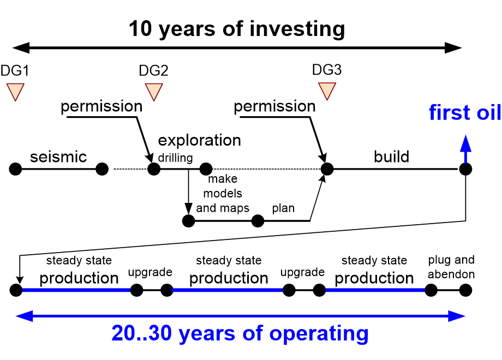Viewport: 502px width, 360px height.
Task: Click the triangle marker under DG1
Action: (x=15, y=91)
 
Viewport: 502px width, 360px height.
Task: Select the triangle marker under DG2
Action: (x=154, y=91)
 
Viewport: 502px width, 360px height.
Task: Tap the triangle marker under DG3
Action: (x=327, y=91)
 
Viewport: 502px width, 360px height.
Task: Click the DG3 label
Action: (x=327, y=70)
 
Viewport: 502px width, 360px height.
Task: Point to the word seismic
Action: (x=58, y=157)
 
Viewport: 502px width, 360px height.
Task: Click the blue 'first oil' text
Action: (x=464, y=113)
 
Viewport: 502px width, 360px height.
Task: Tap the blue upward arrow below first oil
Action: (x=465, y=148)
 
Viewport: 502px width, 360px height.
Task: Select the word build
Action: (x=391, y=157)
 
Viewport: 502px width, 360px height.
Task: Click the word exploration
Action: (x=199, y=140)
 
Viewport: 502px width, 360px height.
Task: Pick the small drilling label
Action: (x=175, y=158)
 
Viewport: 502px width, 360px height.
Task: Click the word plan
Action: (x=283, y=208)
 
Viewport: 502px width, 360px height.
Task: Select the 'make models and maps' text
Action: (x=223, y=193)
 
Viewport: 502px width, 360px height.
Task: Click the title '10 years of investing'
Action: (x=237, y=29)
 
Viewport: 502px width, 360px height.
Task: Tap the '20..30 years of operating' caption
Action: (x=240, y=333)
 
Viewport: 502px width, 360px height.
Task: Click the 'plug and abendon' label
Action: (x=451, y=266)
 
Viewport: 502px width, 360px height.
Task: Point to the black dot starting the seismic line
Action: (x=15, y=169)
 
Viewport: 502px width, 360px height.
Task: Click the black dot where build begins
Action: (x=326, y=169)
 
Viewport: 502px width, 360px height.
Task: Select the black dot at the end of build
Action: (x=465, y=169)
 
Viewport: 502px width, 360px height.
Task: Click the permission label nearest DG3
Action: (x=274, y=106)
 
